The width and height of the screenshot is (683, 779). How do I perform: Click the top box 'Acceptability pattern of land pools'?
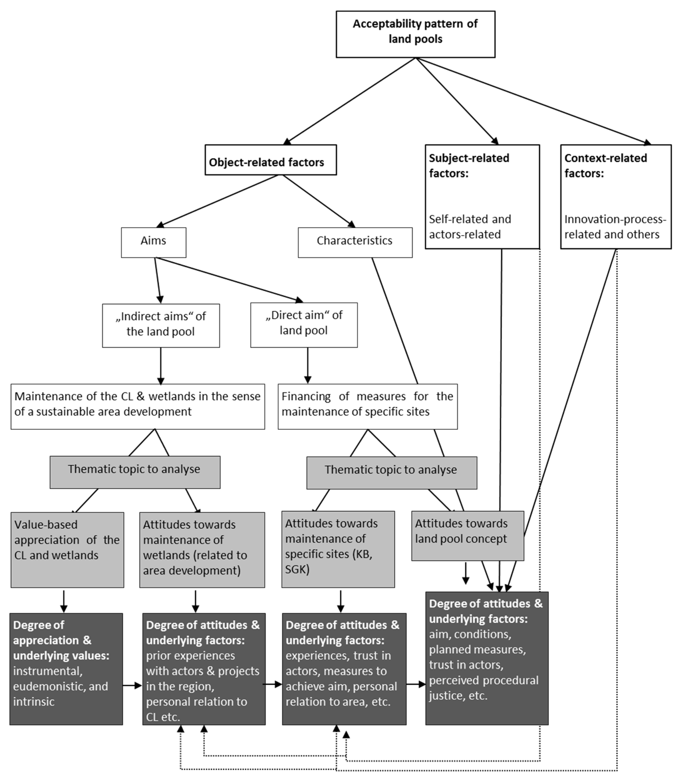point(415,34)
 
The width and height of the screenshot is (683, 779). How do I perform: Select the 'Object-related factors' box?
point(270,160)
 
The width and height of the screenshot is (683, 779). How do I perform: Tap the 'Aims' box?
point(153,242)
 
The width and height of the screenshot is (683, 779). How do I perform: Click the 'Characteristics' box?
point(355,242)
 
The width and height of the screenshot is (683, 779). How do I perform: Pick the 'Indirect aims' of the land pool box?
point(161,325)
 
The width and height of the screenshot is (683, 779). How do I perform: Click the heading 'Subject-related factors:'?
point(469,166)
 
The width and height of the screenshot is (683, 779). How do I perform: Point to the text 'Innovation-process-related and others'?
point(615,227)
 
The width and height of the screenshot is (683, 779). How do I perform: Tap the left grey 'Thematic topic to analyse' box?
point(135,472)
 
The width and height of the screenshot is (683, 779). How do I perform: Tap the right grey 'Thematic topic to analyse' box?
point(391,472)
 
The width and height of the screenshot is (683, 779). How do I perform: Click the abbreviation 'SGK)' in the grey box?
point(297,569)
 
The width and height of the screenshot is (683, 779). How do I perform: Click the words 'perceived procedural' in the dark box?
point(483,680)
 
